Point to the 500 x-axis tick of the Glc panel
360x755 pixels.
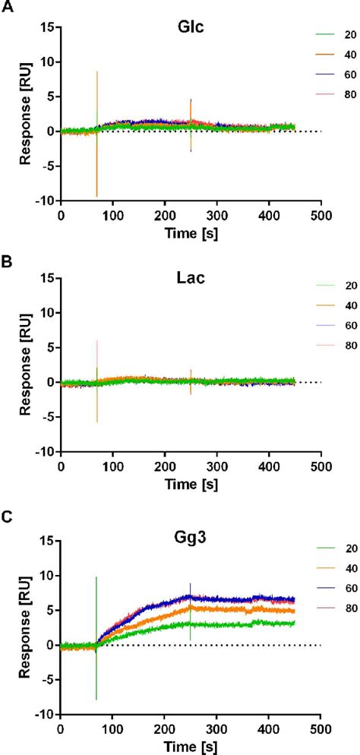(321, 215)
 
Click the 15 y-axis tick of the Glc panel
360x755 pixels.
(46, 27)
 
